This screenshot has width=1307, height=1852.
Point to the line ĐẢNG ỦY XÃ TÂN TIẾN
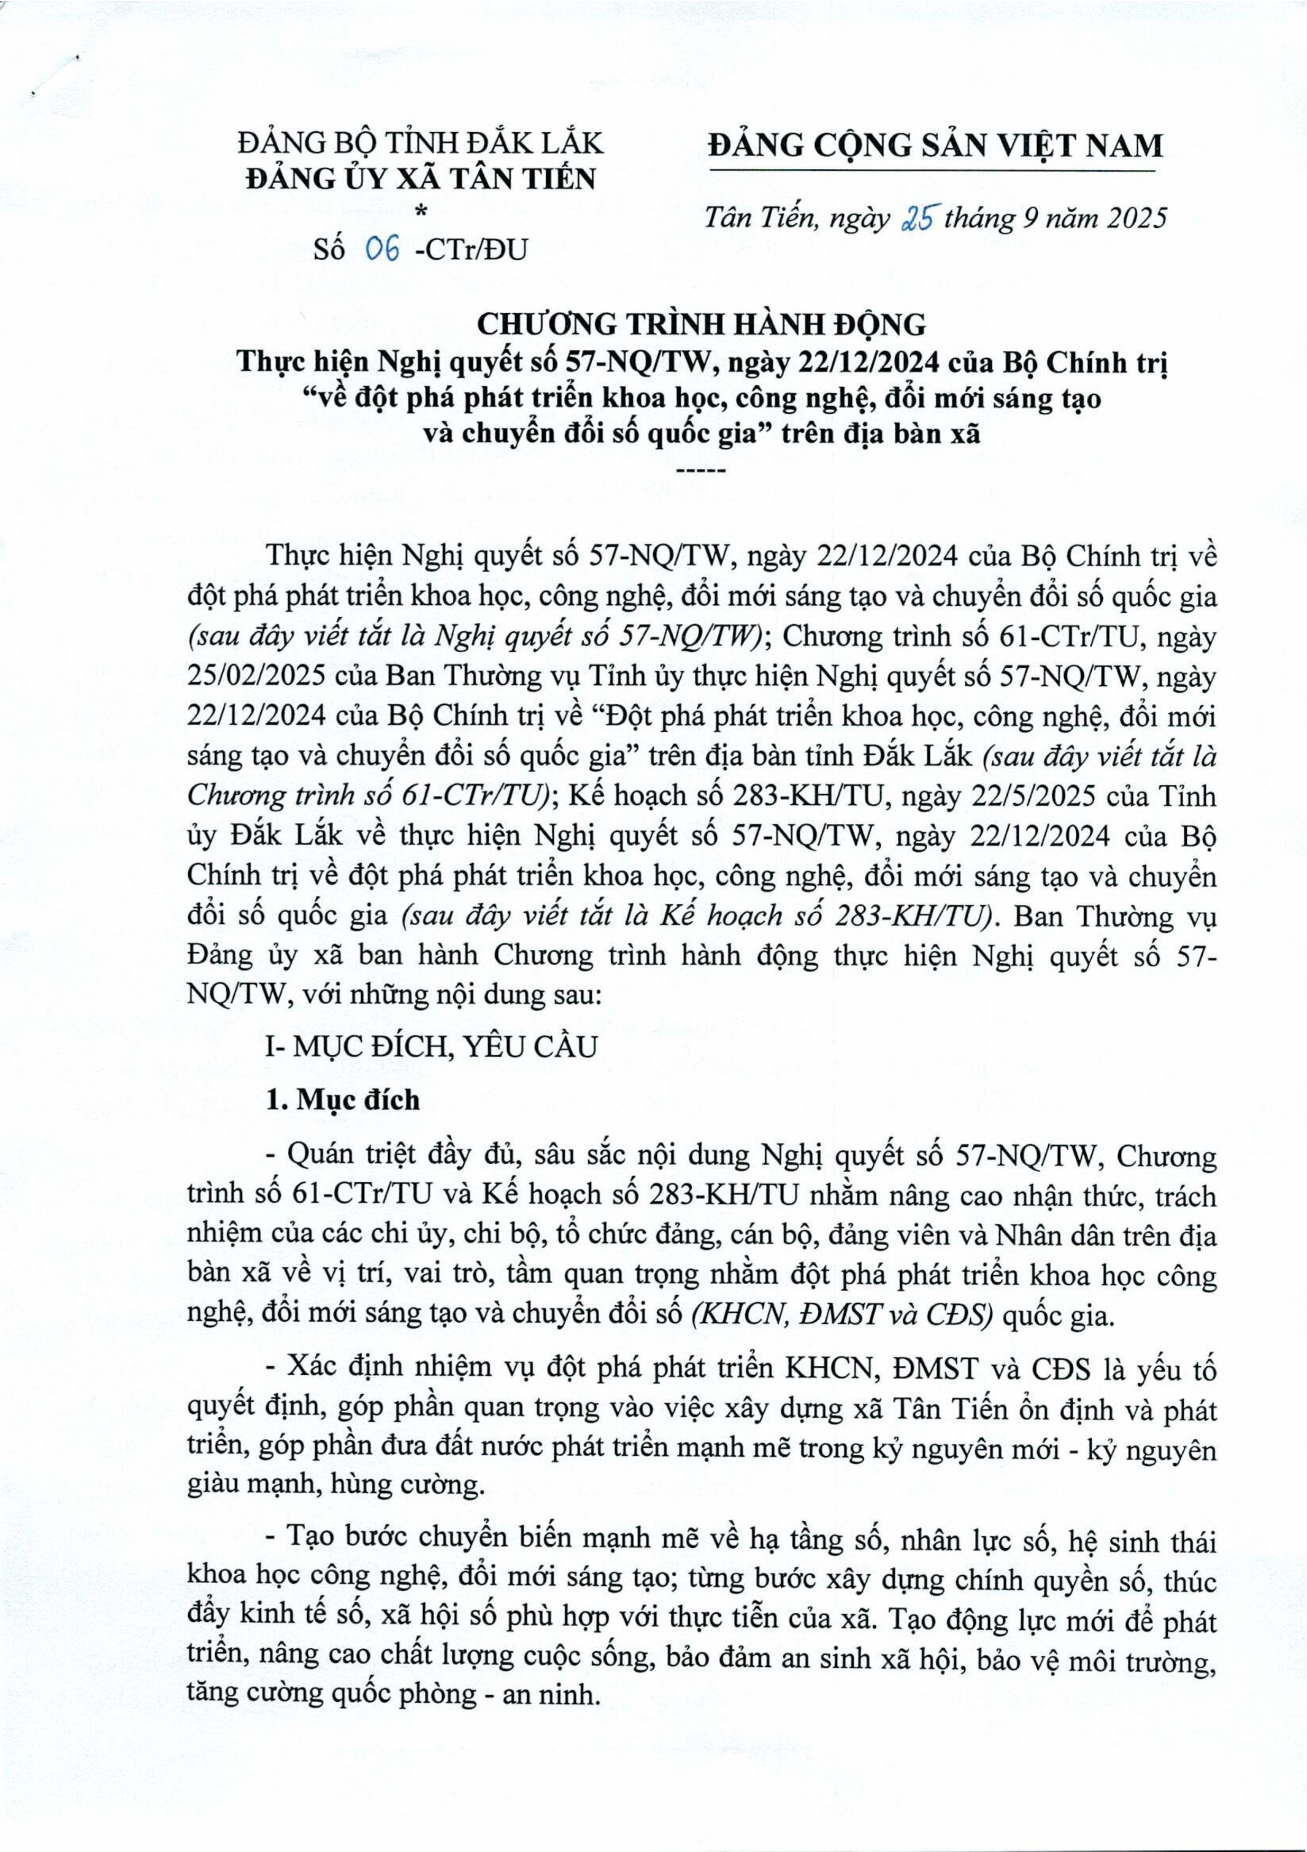(421, 178)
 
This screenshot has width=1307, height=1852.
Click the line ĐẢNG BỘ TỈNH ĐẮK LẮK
(421, 143)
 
